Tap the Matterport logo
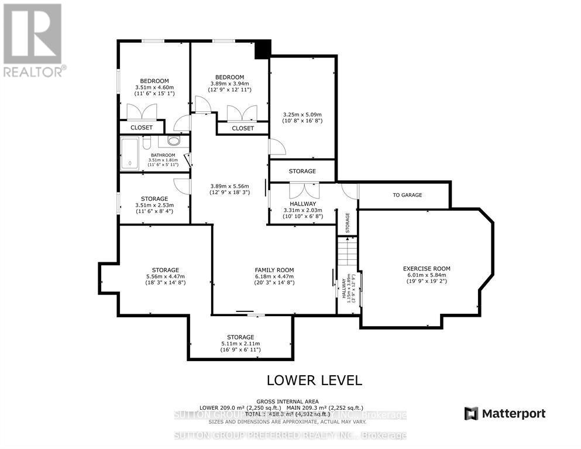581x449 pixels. (505, 414)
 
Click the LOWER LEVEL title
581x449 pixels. (314, 380)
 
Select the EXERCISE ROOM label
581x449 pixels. (427, 269)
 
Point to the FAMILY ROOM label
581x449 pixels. (274, 270)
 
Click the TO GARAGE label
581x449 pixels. (407, 195)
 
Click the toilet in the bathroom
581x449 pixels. (147, 142)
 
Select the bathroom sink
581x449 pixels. (174, 141)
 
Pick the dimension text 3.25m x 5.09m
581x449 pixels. (302, 115)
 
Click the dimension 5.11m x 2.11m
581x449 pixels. (240, 344)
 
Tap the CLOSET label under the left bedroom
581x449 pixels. (141, 127)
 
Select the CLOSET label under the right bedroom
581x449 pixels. (243, 128)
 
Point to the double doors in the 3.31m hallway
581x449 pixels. (302, 190)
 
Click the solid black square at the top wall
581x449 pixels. (262, 49)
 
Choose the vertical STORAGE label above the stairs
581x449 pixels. (347, 223)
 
